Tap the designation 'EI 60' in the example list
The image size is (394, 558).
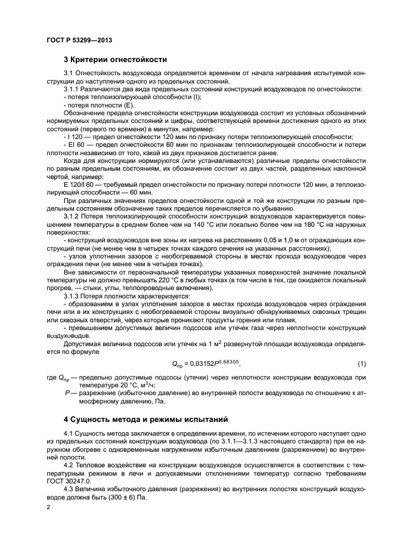coord(75,144)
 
